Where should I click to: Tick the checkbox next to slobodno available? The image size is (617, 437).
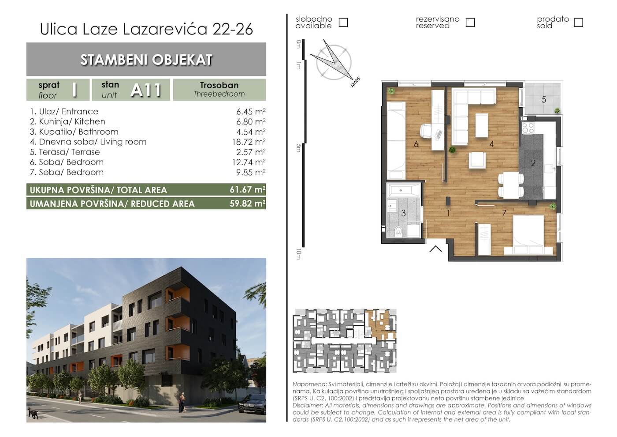(x=343, y=22)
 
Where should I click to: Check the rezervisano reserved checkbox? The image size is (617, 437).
(x=470, y=22)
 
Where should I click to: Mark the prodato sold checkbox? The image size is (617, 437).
(x=578, y=22)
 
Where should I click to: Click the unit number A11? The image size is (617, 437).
(x=146, y=90)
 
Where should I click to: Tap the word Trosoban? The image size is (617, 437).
(x=219, y=85)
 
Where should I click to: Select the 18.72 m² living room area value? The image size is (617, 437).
(x=250, y=142)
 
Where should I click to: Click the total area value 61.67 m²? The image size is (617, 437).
(x=247, y=190)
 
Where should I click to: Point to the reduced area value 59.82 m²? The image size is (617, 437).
(x=247, y=203)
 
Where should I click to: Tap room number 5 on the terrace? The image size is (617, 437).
(x=543, y=100)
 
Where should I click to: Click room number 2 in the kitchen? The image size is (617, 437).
(x=533, y=163)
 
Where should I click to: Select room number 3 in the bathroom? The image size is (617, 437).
(x=403, y=213)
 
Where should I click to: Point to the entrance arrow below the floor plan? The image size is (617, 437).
(x=435, y=249)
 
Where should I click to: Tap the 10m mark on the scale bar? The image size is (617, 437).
(x=299, y=254)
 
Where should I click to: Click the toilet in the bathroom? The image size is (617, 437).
(x=399, y=231)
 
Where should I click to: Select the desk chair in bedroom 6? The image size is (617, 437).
(x=426, y=131)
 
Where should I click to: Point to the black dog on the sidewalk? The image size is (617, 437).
(x=32, y=414)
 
